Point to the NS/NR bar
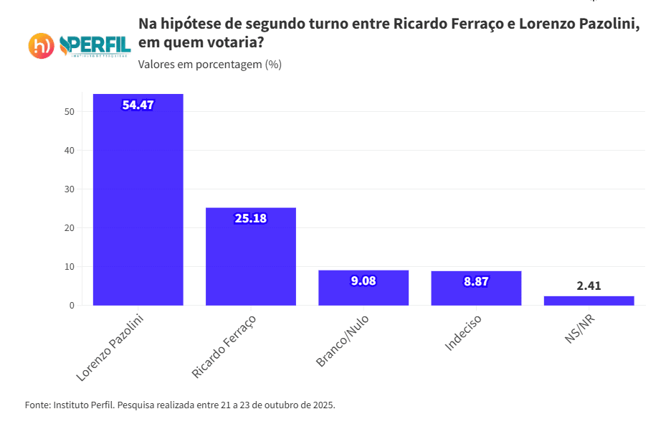click(x=589, y=301)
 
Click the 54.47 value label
click(x=138, y=105)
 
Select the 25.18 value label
click(x=251, y=218)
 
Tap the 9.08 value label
click(x=363, y=281)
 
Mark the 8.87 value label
click(x=476, y=281)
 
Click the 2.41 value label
click(x=589, y=286)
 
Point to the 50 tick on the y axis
click(x=70, y=112)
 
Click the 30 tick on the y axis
click(x=70, y=189)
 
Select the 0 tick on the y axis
click(x=72, y=306)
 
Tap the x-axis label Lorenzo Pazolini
click(x=110, y=346)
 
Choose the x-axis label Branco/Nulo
click(x=341, y=341)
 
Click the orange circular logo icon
click(x=42, y=46)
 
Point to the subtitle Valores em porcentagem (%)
click(x=209, y=65)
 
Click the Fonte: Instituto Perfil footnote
click(x=180, y=405)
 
